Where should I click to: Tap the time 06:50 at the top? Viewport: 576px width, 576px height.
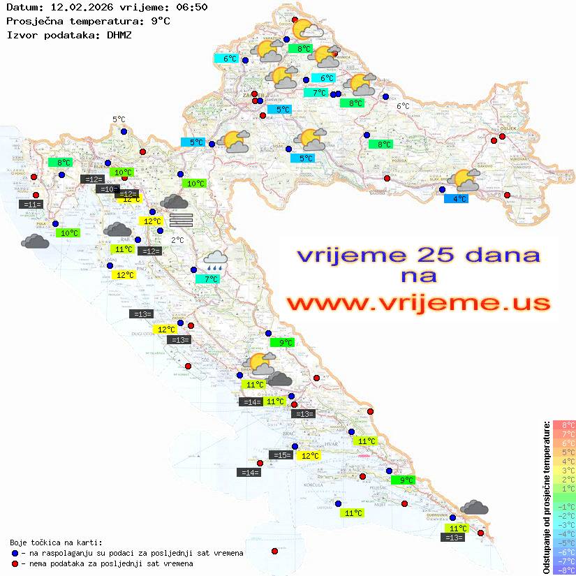coord(192,7)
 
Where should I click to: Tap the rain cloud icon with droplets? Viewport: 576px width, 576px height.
coord(214,261)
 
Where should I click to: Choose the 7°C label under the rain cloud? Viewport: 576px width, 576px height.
coord(210,279)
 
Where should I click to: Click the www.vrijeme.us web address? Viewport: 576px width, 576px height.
coord(418,303)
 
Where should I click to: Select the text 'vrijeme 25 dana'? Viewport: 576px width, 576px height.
coord(418,255)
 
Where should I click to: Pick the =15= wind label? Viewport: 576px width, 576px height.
coord(281,455)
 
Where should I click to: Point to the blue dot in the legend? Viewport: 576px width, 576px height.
coord(15,553)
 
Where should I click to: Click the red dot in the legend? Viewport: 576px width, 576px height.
coord(15,563)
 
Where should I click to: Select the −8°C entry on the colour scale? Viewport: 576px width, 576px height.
coord(563,570)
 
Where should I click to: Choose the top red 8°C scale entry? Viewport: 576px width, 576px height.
coord(563,425)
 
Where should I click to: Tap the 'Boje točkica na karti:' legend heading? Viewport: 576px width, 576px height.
coord(56,542)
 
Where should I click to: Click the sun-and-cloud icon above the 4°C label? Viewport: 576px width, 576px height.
coord(466,181)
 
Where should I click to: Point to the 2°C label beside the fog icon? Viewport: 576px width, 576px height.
coord(177,240)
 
